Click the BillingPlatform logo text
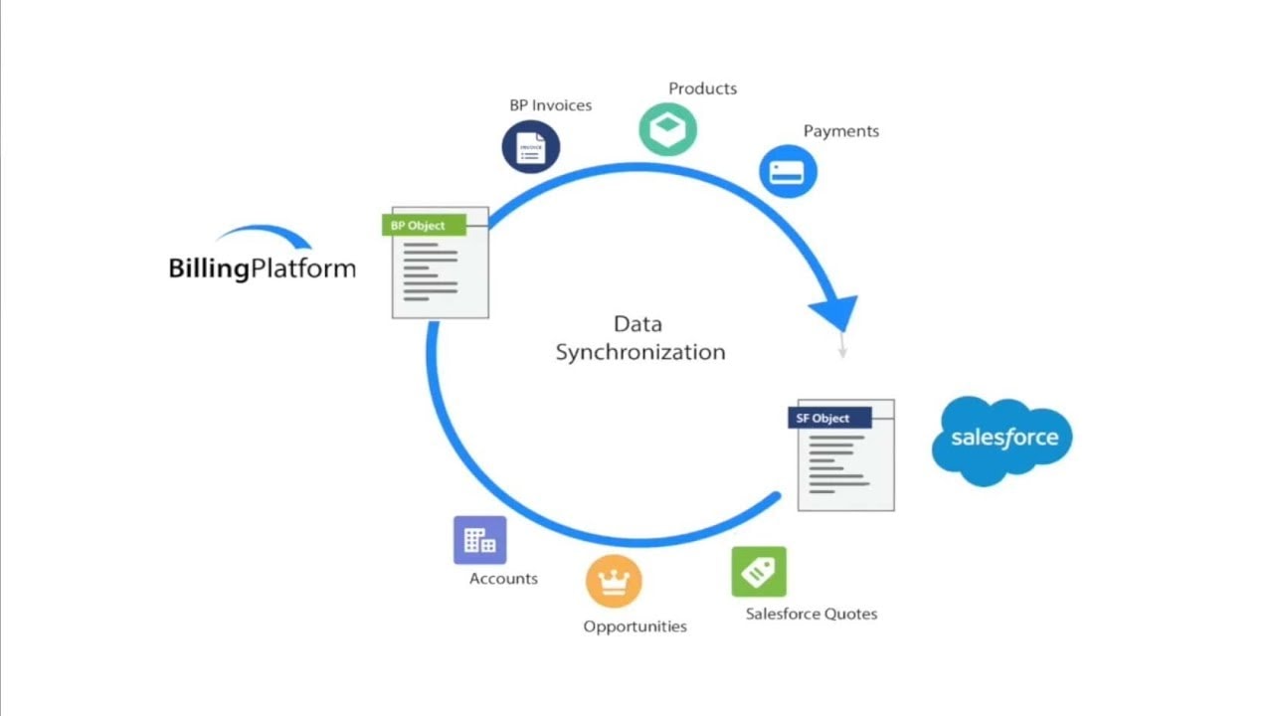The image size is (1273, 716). tap(262, 268)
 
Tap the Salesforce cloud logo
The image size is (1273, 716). tap(1002, 439)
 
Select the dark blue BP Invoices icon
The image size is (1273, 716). tap(531, 147)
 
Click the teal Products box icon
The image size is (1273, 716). tap(667, 128)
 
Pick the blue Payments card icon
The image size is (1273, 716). tap(788, 171)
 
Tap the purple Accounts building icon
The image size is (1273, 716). tap(479, 540)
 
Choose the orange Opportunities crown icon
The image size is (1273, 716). tap(614, 581)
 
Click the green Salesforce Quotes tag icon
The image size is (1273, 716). tap(759, 572)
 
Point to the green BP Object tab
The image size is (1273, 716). tap(424, 226)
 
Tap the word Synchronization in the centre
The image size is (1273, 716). tap(639, 352)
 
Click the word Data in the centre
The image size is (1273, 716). tap(637, 324)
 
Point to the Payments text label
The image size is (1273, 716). tap(840, 131)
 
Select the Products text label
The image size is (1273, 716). tap(702, 89)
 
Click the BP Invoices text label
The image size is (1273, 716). tap(550, 105)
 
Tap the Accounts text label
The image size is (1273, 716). tap(503, 579)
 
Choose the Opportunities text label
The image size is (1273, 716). tap(635, 626)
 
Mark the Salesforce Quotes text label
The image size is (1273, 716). tap(811, 614)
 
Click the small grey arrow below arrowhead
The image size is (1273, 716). tap(842, 345)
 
